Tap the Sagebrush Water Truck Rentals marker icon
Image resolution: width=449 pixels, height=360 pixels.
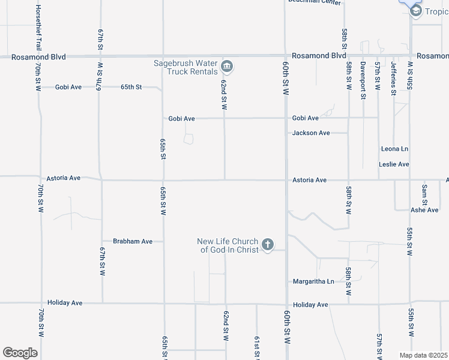point(227,66)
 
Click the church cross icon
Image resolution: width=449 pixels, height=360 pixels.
point(268,244)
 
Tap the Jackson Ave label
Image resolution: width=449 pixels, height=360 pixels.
point(311,133)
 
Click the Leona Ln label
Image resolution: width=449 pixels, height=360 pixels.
point(394,148)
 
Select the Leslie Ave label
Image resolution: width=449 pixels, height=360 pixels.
point(394,164)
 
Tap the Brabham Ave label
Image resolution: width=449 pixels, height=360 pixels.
point(133,241)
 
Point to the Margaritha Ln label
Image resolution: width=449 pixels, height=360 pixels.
point(313,281)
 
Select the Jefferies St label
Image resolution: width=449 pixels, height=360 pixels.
point(394,78)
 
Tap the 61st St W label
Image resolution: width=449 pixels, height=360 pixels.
point(257,347)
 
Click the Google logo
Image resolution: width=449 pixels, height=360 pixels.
point(20,353)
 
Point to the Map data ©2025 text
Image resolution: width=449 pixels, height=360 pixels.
point(424,355)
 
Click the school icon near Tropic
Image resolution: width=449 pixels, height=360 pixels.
point(415,11)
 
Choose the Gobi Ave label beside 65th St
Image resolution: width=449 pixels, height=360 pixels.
point(68,87)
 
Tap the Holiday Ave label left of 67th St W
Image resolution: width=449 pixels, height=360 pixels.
point(64,303)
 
